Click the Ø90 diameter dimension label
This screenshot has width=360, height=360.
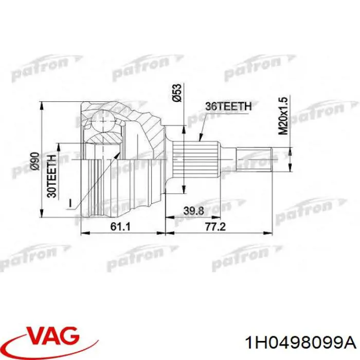point(35,161)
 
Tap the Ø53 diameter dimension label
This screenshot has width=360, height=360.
point(177,93)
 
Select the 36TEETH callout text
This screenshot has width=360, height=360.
point(228,106)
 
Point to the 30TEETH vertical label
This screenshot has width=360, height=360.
point(51,176)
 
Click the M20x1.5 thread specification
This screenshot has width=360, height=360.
point(283,116)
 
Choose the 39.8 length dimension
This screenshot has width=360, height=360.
point(193,211)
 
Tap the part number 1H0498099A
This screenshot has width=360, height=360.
point(301,344)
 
